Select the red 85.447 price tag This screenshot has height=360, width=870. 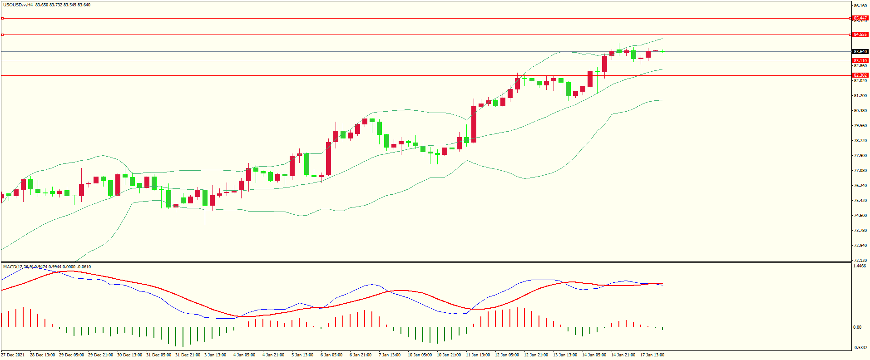pos(860,18)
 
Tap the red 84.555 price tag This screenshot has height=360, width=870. pos(860,35)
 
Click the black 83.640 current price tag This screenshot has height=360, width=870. pos(860,52)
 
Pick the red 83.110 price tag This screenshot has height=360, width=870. pos(860,61)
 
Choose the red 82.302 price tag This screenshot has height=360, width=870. pos(860,75)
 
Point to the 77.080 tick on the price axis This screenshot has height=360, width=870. pos(860,171)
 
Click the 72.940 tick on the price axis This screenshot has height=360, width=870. pos(860,246)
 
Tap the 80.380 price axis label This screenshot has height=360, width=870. pos(860,111)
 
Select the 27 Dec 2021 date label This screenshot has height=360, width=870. pos(13,355)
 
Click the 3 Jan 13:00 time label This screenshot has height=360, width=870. pos(215,355)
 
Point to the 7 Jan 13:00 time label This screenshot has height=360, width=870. pos(390,355)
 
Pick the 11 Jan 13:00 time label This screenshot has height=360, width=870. pos(478,355)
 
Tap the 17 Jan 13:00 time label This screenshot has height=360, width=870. pos(652,355)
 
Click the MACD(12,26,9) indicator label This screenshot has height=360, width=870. pos(18,267)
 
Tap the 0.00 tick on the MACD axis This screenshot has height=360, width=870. pos(857,327)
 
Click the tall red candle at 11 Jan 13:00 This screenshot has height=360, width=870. pos(474,124)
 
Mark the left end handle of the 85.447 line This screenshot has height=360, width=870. pos(3,19)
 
